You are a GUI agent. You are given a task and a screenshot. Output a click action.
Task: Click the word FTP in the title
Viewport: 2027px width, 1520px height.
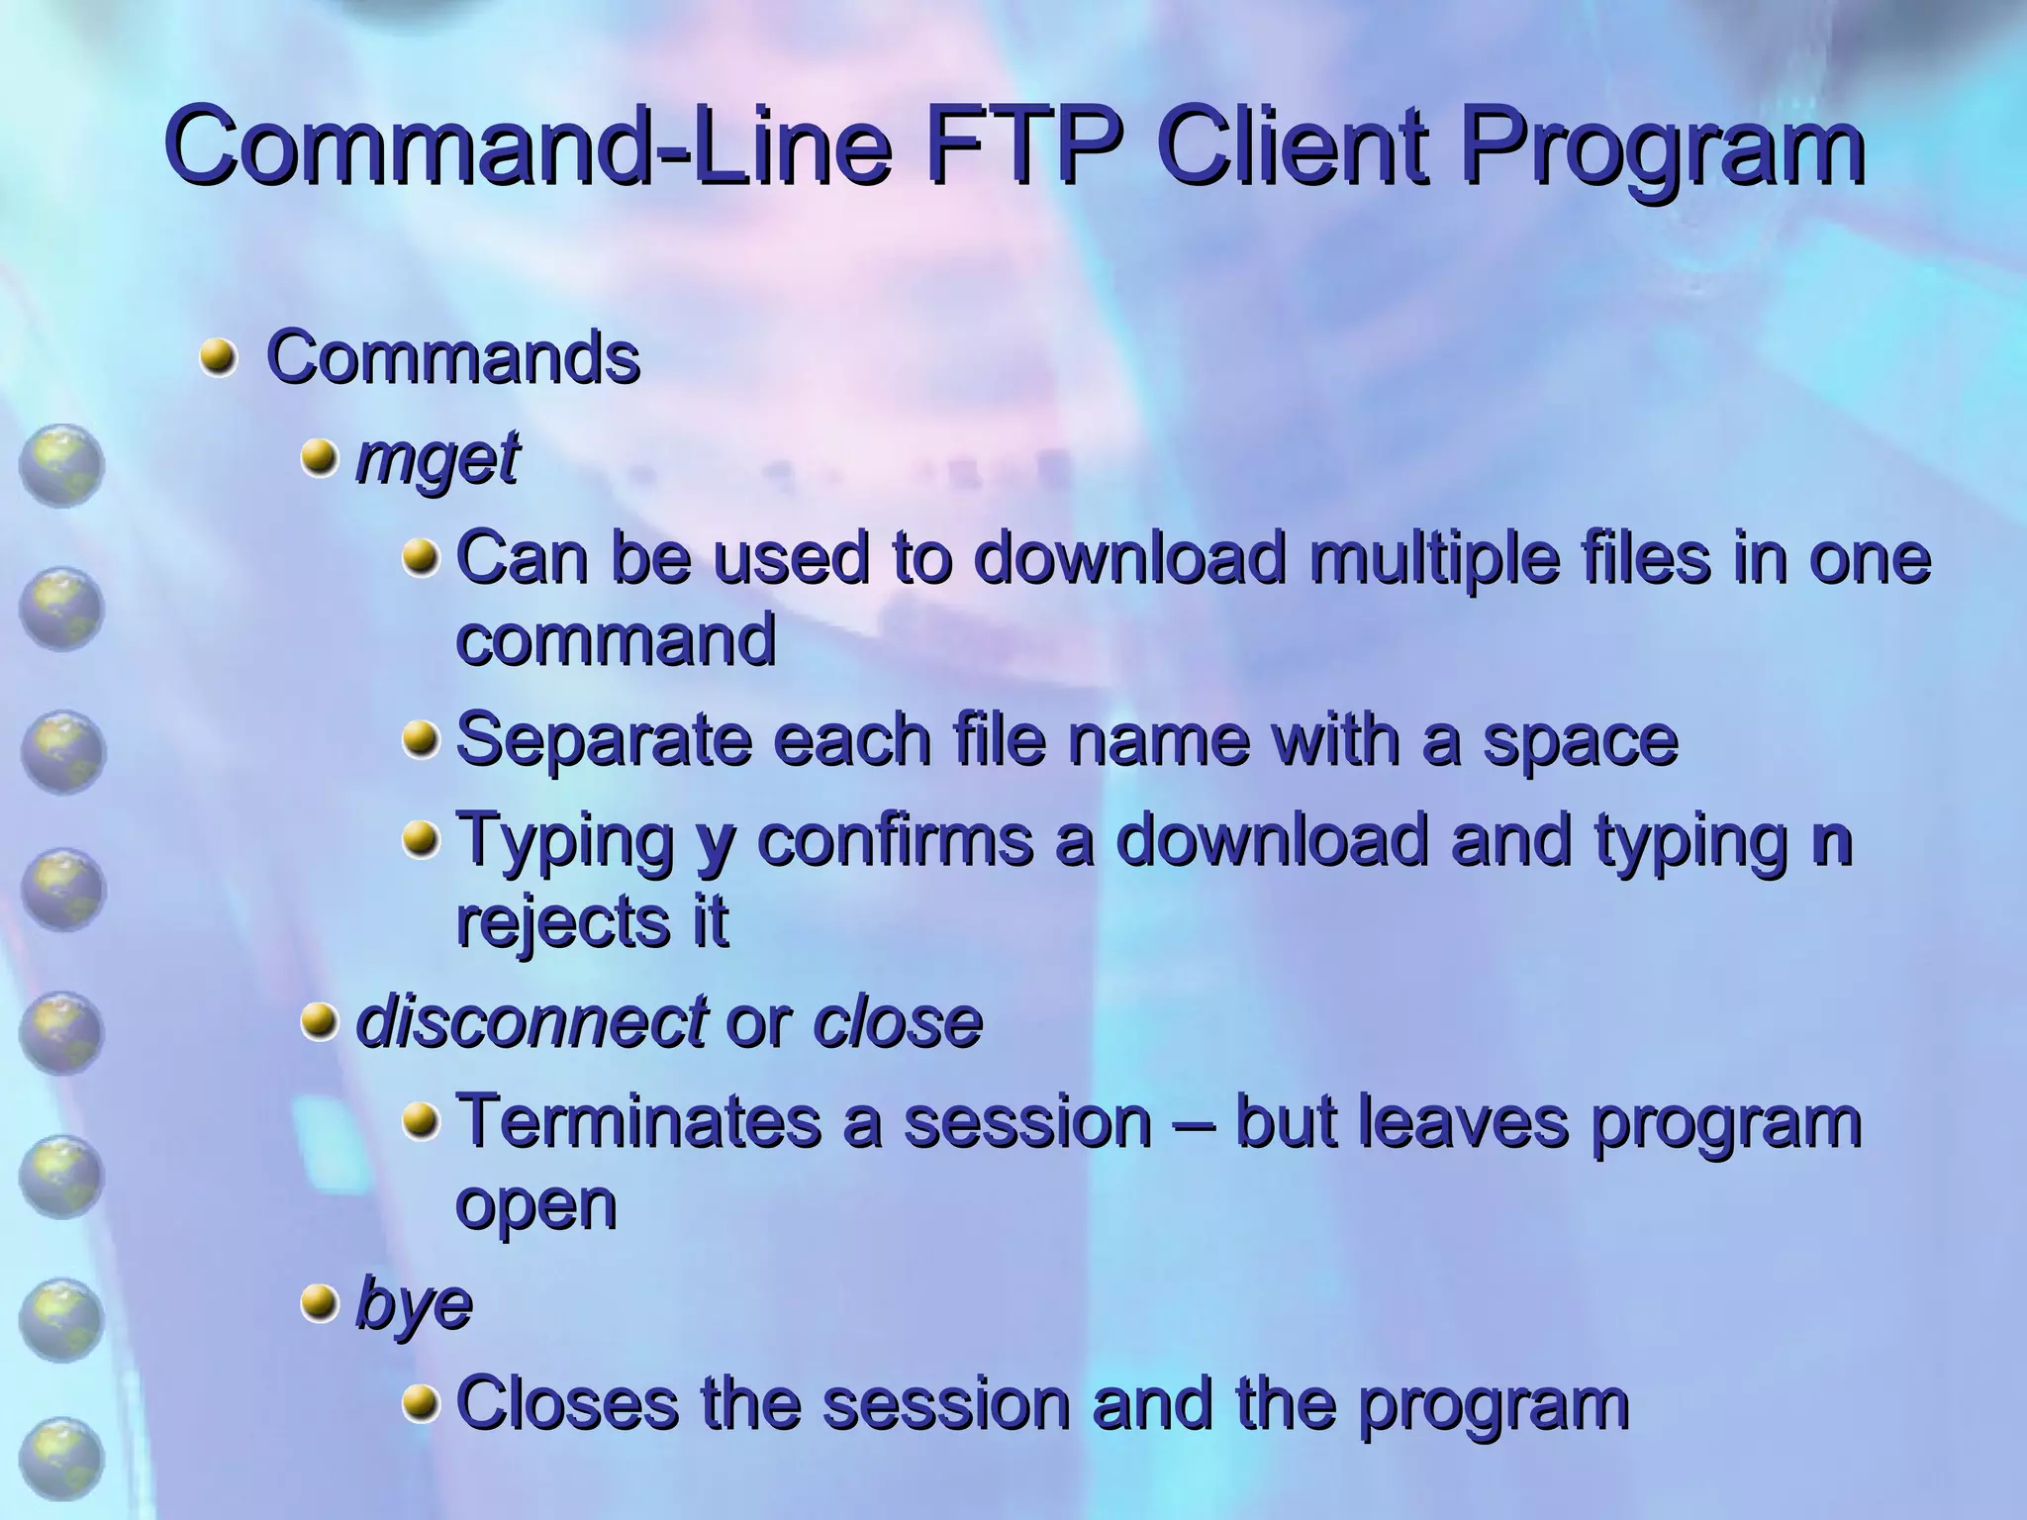point(1024,148)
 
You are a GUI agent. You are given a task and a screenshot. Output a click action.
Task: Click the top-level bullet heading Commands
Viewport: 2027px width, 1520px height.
point(453,357)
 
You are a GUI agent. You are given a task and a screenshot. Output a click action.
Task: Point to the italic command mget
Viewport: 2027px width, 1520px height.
point(436,460)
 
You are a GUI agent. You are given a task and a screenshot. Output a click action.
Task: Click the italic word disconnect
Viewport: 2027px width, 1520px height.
point(531,1021)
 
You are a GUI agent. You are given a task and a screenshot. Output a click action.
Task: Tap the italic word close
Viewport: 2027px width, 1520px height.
point(897,1021)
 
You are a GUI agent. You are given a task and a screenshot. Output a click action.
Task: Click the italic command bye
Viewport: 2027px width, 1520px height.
point(414,1305)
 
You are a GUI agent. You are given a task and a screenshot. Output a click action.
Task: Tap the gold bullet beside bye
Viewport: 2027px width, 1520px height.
point(319,1303)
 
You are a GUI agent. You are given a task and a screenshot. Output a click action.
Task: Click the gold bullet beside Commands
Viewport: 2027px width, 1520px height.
point(218,357)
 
